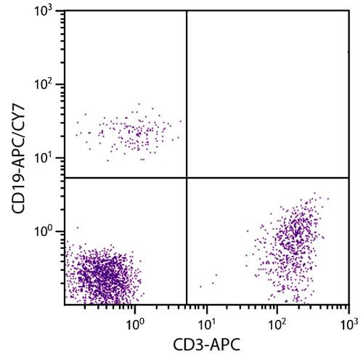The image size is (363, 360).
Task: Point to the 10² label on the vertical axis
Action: tap(49, 85)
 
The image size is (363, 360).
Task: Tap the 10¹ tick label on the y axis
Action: tap(49, 158)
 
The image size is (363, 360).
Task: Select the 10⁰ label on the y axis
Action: tap(49, 232)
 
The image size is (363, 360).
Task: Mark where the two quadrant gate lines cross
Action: tap(187, 177)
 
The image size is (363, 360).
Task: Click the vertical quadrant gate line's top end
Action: tap(187, 12)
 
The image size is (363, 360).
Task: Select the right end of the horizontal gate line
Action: tap(348, 177)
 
